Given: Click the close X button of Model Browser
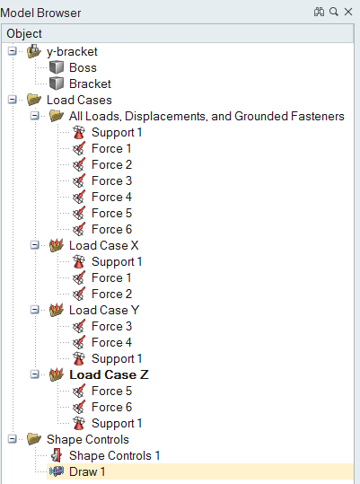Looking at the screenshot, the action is (x=348, y=12).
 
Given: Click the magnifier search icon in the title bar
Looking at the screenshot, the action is (x=333, y=12).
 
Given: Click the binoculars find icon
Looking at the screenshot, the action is (x=319, y=12).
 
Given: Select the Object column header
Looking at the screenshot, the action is (x=24, y=33).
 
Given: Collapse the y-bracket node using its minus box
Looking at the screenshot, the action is (x=12, y=51).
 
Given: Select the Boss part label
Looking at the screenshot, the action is (x=83, y=67).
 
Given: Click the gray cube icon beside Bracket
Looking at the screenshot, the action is (x=57, y=84).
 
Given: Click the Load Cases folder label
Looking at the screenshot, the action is (x=79, y=100).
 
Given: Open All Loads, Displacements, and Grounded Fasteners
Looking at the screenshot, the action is (x=206, y=116).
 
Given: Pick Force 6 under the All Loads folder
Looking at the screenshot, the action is (x=111, y=229).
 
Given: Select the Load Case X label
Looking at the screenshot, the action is (x=103, y=245).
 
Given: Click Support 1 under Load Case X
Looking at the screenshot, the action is (x=117, y=262).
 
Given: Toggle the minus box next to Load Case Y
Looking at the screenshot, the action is (x=34, y=310).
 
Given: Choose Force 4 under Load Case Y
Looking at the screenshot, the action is (x=111, y=342).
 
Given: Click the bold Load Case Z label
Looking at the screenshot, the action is (x=109, y=374).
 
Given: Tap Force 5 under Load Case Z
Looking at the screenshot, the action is (x=111, y=391).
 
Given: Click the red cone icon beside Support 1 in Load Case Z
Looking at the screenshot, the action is (x=79, y=423).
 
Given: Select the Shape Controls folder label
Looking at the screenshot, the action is (x=88, y=439).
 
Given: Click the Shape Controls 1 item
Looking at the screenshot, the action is (x=114, y=455).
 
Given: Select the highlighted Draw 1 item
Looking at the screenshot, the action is (x=87, y=471).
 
